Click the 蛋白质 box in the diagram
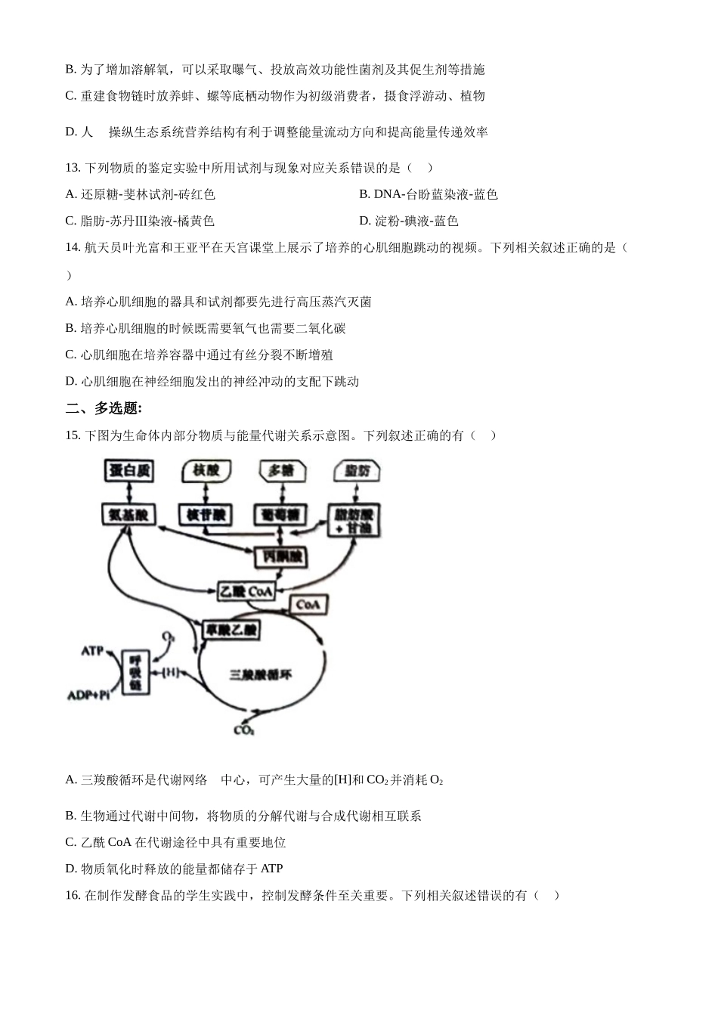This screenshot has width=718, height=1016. (x=129, y=470)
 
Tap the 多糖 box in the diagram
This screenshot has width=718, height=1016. (x=281, y=470)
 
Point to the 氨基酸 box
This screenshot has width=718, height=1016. (x=128, y=515)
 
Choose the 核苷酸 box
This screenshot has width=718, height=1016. (x=206, y=515)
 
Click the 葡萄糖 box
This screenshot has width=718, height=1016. (x=281, y=515)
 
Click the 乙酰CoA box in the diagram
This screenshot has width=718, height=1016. (x=246, y=591)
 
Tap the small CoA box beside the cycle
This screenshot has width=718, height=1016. (x=308, y=604)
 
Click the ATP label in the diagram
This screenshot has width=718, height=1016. (x=92, y=650)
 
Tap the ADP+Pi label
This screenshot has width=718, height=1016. (x=88, y=694)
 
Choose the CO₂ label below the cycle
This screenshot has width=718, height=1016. (x=244, y=730)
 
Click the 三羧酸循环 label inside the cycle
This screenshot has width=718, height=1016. (x=260, y=674)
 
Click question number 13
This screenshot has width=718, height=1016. (x=73, y=168)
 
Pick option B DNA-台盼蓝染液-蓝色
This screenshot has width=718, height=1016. (x=429, y=194)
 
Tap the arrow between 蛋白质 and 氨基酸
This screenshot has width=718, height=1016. (x=130, y=492)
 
